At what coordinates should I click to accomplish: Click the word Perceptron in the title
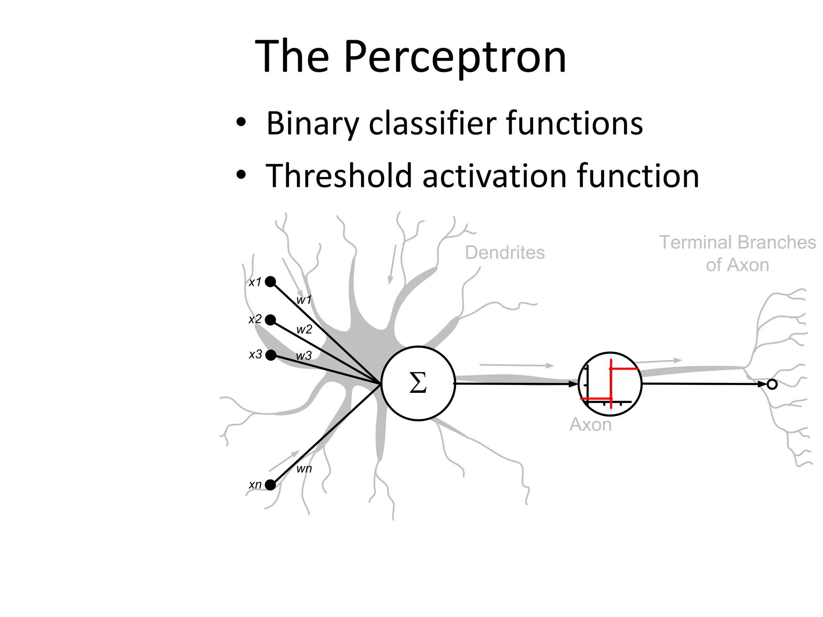click(455, 57)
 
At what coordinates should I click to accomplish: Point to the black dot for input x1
click(270, 282)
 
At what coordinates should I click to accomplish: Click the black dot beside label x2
click(270, 320)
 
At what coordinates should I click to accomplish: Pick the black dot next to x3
click(271, 355)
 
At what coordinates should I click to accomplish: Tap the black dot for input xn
click(270, 485)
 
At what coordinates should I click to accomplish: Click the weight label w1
click(304, 300)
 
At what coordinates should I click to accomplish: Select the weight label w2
click(304, 330)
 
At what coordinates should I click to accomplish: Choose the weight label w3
click(304, 356)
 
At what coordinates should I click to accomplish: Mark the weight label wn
click(304, 469)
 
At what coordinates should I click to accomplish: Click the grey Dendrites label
click(505, 253)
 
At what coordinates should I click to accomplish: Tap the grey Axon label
click(590, 425)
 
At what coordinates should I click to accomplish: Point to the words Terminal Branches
click(737, 243)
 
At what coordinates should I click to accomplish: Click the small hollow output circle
click(772, 384)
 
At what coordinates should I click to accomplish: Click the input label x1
click(255, 282)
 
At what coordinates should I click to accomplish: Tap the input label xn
click(255, 485)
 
